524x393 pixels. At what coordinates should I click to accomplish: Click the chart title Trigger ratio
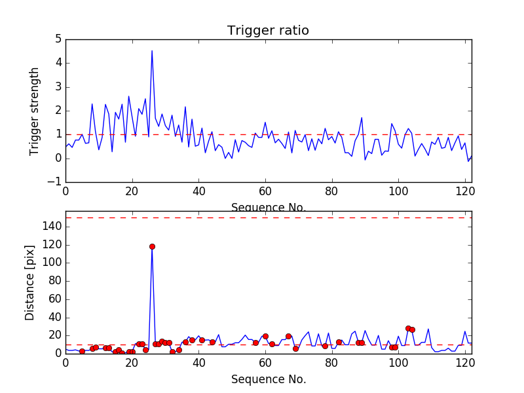click(x=268, y=31)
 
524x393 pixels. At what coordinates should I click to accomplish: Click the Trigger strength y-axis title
click(x=35, y=111)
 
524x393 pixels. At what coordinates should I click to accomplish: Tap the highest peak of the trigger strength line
click(x=152, y=50)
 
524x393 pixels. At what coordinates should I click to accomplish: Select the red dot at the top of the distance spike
click(x=152, y=246)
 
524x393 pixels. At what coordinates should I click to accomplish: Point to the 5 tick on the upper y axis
click(x=57, y=39)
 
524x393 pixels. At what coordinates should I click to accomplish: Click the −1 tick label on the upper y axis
click(x=54, y=182)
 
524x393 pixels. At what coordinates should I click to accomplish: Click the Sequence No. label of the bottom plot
click(x=268, y=379)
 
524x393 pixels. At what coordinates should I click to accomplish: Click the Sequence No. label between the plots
click(x=268, y=208)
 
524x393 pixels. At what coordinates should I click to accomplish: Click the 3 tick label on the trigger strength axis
click(x=57, y=87)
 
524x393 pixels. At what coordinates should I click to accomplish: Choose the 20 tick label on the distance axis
click(x=53, y=335)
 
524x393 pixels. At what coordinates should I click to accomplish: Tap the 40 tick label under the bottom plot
click(x=198, y=363)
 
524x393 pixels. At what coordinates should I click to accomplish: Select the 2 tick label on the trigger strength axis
click(x=57, y=111)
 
